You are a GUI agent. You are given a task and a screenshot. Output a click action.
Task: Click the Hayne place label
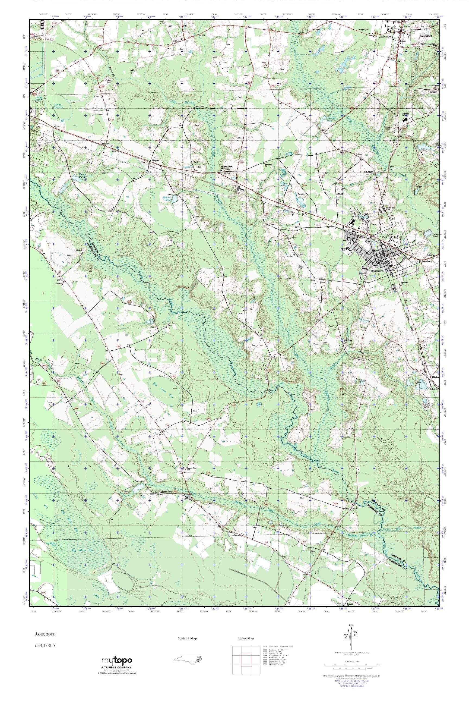(x=155, y=161)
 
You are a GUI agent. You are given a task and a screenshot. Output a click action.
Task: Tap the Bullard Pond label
(x=166, y=199)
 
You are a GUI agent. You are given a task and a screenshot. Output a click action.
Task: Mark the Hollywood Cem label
(x=391, y=209)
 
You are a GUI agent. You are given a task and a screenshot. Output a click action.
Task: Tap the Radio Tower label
(x=301, y=267)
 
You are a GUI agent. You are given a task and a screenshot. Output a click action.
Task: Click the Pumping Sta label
(x=364, y=30)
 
